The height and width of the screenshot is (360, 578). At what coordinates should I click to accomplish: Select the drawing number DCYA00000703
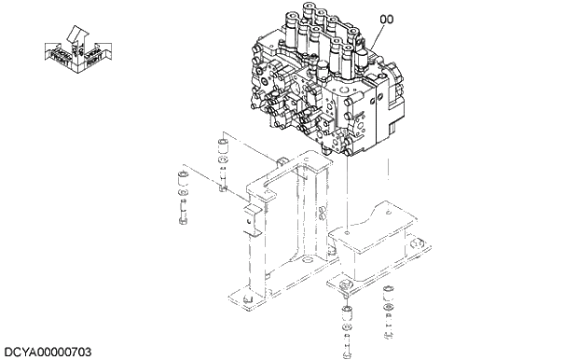coord(48,352)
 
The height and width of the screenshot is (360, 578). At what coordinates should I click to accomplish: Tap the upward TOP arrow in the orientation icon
coord(77,35)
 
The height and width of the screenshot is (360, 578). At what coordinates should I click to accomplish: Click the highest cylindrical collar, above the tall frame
coord(222,148)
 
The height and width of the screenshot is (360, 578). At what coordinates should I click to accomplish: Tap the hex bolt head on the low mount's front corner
coord(346,282)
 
